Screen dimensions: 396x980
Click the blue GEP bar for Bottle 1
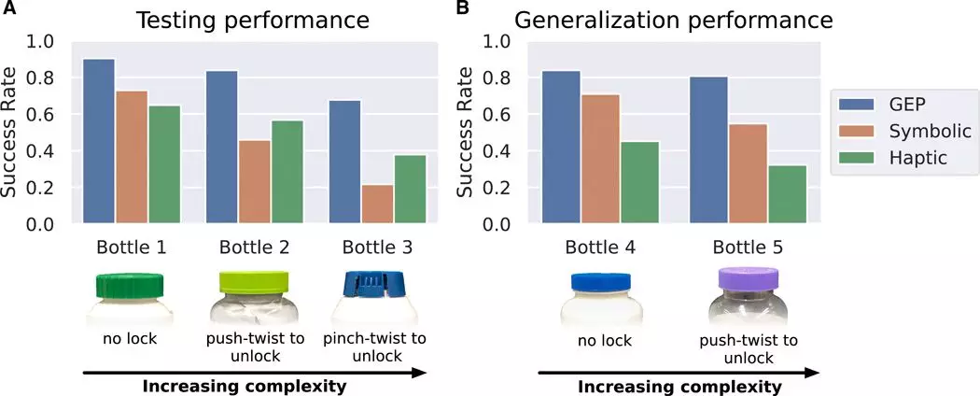point(99,142)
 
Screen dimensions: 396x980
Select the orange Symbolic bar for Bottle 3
point(377,205)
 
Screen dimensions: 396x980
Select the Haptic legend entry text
point(918,159)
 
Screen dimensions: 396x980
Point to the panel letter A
point(8,8)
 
